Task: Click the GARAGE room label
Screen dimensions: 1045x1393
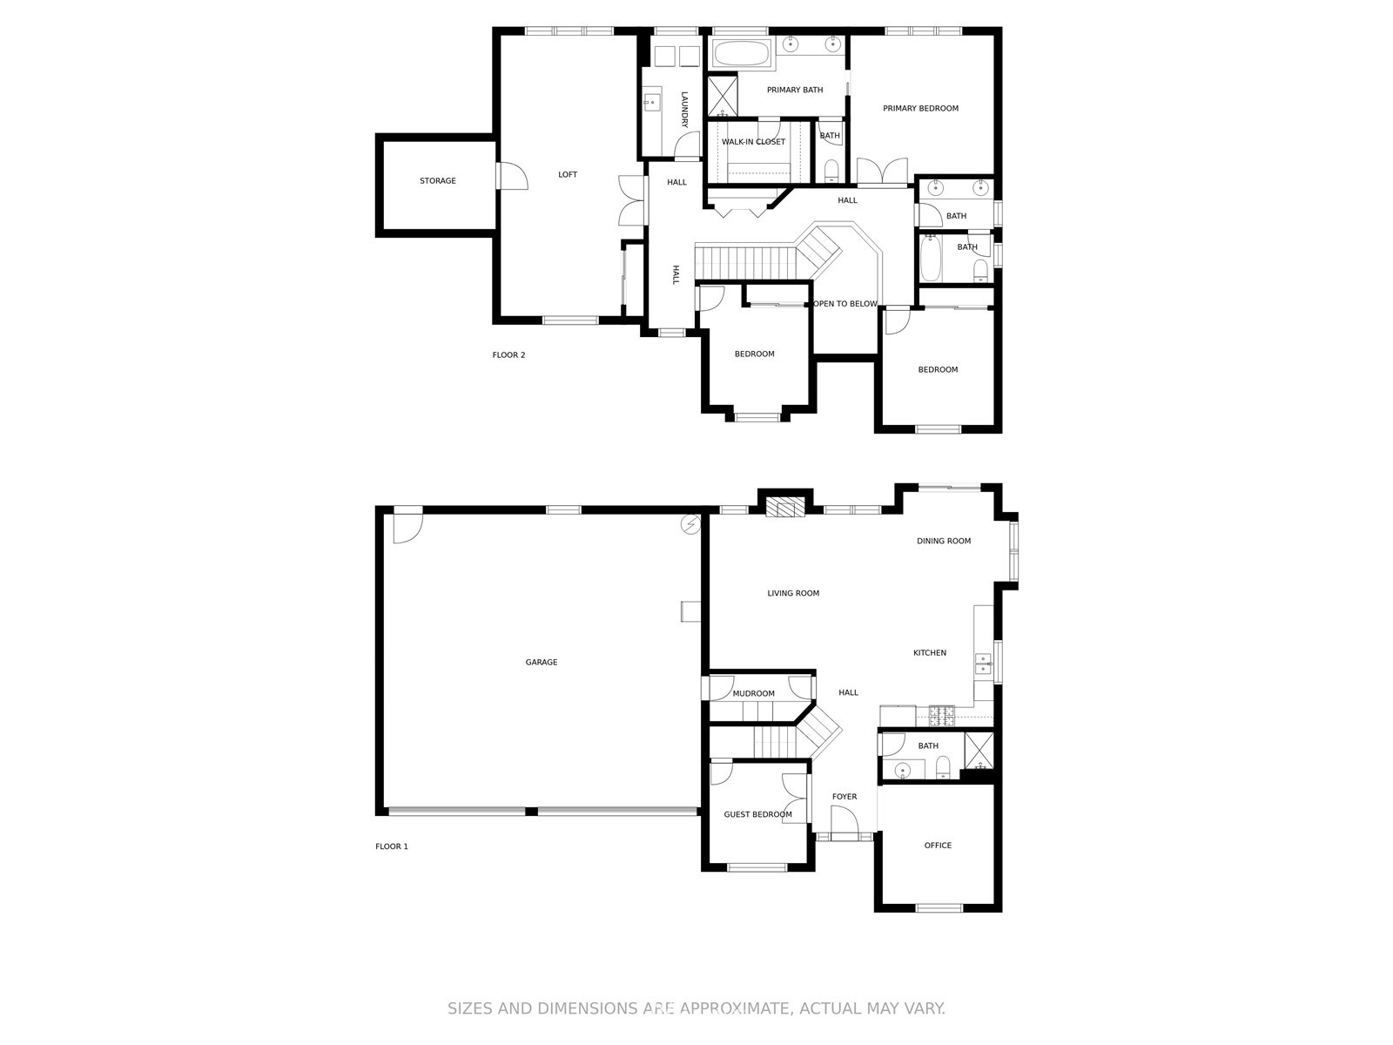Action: tap(541, 663)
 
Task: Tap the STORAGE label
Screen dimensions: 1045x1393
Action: tap(437, 181)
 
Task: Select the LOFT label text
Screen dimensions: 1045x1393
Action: tap(567, 175)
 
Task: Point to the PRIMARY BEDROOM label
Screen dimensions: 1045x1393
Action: tap(920, 109)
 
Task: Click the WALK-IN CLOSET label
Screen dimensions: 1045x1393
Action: tap(753, 142)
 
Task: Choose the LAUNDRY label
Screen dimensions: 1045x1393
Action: tap(684, 110)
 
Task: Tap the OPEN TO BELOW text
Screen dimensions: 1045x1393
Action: tap(845, 304)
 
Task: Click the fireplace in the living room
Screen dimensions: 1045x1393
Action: tap(785, 509)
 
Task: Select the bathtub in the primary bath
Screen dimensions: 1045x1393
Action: tap(742, 54)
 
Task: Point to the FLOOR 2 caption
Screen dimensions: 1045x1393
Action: tap(508, 355)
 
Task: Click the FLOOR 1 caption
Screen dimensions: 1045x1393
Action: tap(391, 846)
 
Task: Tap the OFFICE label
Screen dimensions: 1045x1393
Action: tap(938, 846)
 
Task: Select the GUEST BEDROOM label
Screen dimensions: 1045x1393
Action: tap(757, 815)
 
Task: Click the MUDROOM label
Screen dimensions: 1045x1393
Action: tap(753, 694)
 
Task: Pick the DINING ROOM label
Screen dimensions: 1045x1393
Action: tap(943, 542)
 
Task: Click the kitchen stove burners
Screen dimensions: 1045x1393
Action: tap(941, 715)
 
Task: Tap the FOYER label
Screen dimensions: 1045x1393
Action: tap(844, 797)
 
